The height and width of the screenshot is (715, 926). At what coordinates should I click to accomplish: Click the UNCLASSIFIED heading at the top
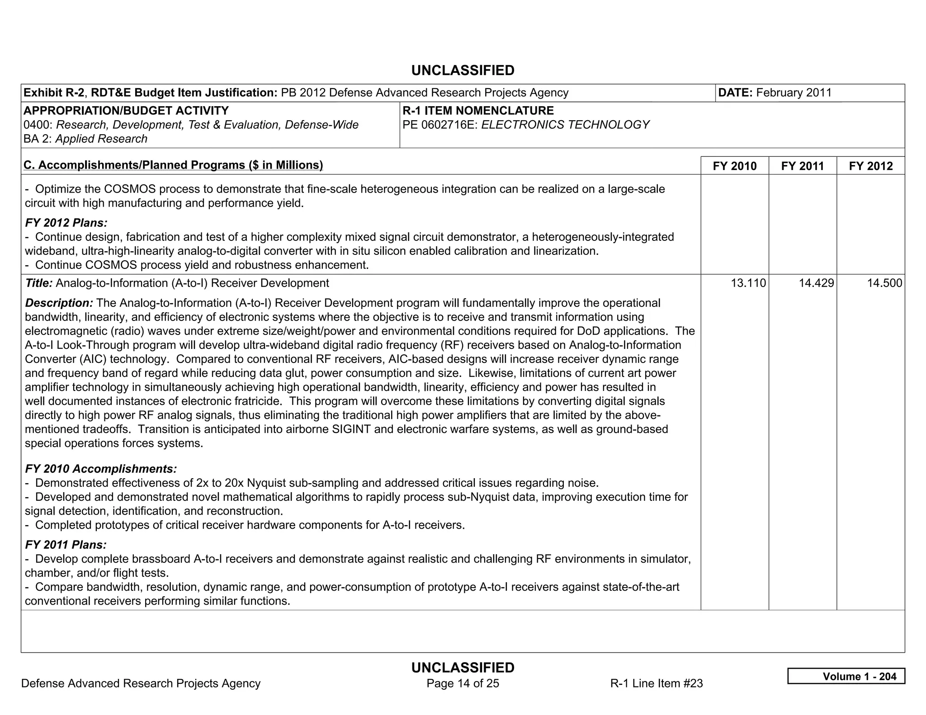(x=463, y=71)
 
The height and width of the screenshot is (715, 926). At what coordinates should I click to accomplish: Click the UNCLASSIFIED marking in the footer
(x=463, y=668)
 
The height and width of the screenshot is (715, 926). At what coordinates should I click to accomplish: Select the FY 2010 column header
(x=734, y=166)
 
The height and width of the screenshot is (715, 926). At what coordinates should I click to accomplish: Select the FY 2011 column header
(x=802, y=166)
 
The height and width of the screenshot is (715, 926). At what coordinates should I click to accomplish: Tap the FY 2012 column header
(x=870, y=166)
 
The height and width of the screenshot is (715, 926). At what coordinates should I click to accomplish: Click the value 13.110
(x=748, y=283)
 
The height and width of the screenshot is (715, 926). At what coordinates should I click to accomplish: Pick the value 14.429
(x=816, y=283)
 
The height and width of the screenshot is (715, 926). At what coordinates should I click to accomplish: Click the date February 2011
(x=794, y=93)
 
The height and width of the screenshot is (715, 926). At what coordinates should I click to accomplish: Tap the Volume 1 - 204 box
(x=846, y=676)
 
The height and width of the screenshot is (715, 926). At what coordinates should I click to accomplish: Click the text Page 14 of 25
(x=463, y=683)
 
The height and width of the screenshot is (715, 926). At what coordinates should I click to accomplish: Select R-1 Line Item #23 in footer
(x=656, y=683)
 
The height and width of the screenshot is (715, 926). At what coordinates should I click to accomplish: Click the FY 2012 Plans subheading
(x=66, y=223)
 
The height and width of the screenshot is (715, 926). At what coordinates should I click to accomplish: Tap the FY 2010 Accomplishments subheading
(x=101, y=469)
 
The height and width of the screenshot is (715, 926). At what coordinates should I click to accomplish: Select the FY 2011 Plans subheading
(x=66, y=545)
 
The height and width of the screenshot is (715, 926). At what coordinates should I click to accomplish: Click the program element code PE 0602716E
(x=440, y=125)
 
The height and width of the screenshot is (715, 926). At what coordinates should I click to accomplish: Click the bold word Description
(x=59, y=303)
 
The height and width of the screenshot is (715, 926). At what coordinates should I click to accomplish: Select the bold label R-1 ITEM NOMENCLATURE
(x=478, y=111)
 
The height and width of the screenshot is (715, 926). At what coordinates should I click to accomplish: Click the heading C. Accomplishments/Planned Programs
(x=173, y=165)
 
